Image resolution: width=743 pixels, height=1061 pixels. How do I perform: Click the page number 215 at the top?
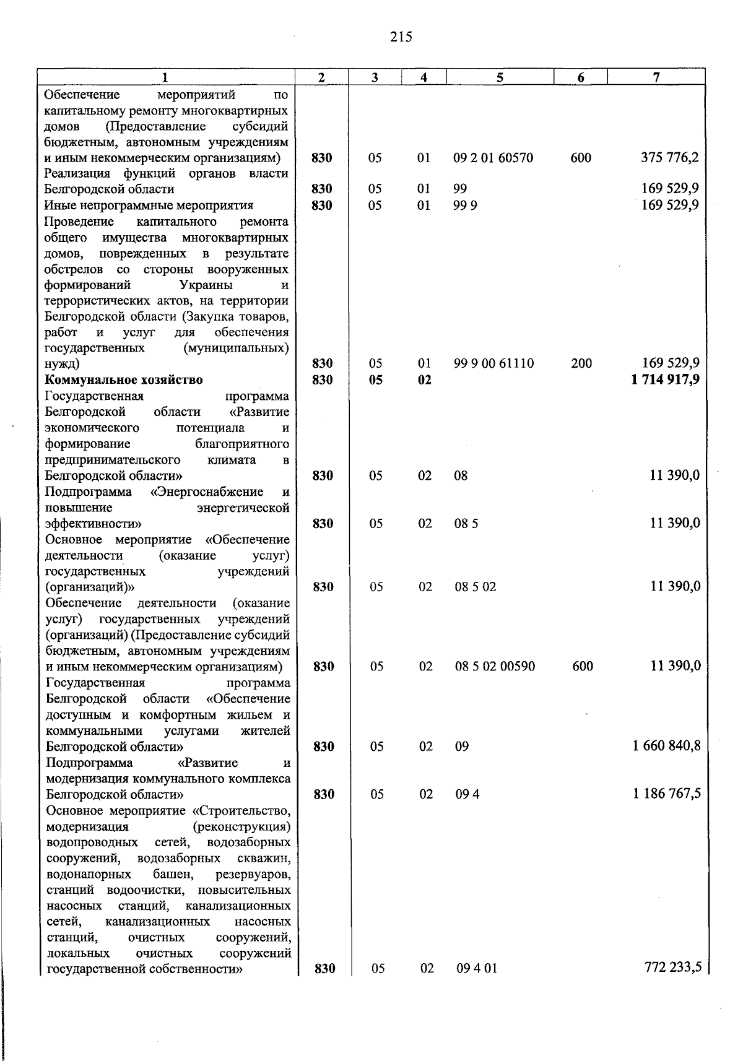pos(401,37)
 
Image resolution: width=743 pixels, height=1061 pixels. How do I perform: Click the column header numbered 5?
pos(499,77)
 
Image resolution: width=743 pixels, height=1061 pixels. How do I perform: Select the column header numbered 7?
pos(656,77)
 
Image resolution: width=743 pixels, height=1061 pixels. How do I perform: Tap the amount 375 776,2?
pos(670,158)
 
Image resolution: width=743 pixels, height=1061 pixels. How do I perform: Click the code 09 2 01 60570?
pos(493,158)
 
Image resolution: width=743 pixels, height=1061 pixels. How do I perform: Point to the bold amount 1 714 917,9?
pos(666,379)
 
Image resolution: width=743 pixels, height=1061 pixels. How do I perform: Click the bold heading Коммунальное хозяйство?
pos(124,379)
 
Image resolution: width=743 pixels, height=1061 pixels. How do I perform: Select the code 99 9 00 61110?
pos(493,363)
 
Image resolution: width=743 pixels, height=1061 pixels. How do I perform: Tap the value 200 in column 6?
pos(581,363)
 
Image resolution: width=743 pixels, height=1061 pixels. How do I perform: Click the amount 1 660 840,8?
pos(667,746)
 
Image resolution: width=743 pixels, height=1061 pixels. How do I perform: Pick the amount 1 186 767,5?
pos(667,794)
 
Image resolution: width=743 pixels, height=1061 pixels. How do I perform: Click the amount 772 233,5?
pos(673,968)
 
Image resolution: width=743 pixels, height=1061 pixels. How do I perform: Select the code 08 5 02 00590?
pos(495,667)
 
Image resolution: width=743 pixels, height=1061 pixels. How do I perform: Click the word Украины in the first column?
pos(206,285)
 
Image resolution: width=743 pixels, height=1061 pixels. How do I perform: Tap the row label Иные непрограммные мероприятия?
pos(149,206)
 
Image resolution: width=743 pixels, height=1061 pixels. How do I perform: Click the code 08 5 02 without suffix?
pos(476,587)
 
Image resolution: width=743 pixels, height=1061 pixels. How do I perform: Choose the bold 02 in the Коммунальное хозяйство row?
pos(424,380)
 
